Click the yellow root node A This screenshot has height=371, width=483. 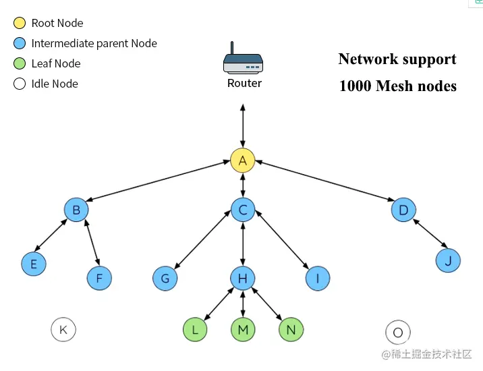(x=242, y=161)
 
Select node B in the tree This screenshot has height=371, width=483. (x=76, y=210)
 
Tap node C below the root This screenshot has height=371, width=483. (x=243, y=210)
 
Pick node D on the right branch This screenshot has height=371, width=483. (x=403, y=210)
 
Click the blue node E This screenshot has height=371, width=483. (x=33, y=264)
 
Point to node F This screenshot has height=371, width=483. (x=99, y=277)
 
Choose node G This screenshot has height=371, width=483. (x=165, y=277)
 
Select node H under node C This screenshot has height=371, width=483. (x=243, y=277)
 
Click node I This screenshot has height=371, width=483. (x=318, y=277)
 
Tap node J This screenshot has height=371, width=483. (x=448, y=260)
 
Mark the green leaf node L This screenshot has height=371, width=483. (x=195, y=330)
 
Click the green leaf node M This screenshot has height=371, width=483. (x=243, y=330)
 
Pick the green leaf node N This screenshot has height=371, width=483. (x=291, y=330)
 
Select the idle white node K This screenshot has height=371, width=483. (x=63, y=330)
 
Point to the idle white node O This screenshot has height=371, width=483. (x=397, y=333)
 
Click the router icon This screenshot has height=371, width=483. (x=243, y=61)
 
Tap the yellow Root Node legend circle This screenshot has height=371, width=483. (x=19, y=23)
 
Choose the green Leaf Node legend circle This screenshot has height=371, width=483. (x=19, y=63)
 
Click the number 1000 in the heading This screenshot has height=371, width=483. (x=355, y=86)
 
